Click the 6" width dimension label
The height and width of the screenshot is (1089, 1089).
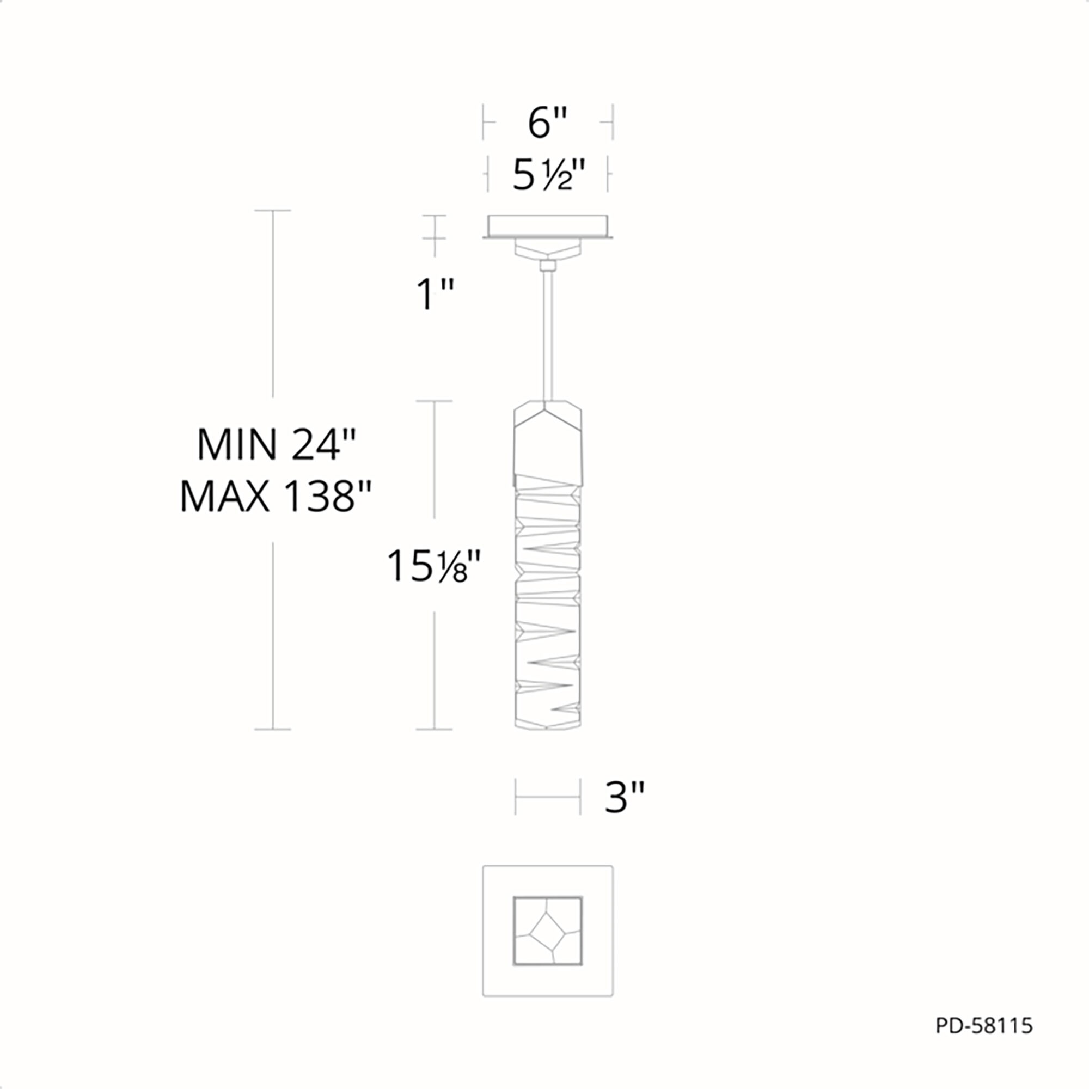coord(547,123)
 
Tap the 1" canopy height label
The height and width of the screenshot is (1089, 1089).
coord(434,293)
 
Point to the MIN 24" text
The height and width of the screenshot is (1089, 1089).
coord(276,445)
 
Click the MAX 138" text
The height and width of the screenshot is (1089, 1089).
coord(276,497)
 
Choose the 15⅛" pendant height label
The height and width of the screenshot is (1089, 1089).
coord(433,566)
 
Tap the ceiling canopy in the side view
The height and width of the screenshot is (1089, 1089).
coord(547,227)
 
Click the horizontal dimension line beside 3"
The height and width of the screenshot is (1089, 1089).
coord(547,797)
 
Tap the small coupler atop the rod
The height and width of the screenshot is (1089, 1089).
coord(547,266)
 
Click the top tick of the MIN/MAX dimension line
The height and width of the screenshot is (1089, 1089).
coord(273,211)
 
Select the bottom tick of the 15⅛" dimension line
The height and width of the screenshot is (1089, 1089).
coord(433,730)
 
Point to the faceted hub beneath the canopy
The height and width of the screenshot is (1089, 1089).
coord(547,249)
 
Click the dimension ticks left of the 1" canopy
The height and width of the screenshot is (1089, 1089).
coord(434,227)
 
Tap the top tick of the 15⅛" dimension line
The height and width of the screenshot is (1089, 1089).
coord(433,401)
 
